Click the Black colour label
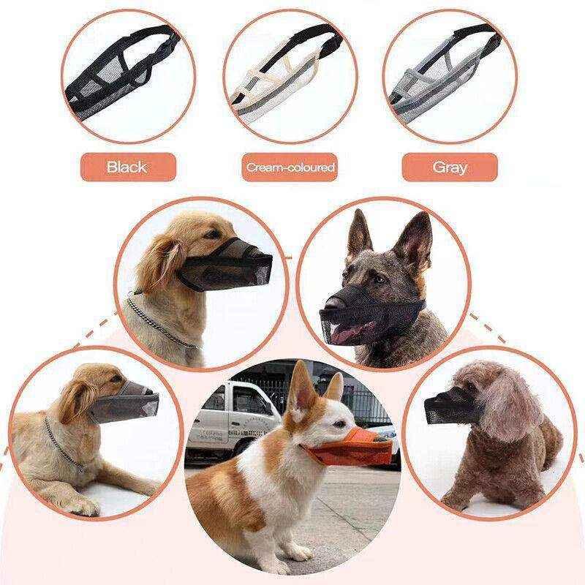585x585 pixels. click(x=127, y=167)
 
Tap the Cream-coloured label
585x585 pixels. click(x=290, y=167)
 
